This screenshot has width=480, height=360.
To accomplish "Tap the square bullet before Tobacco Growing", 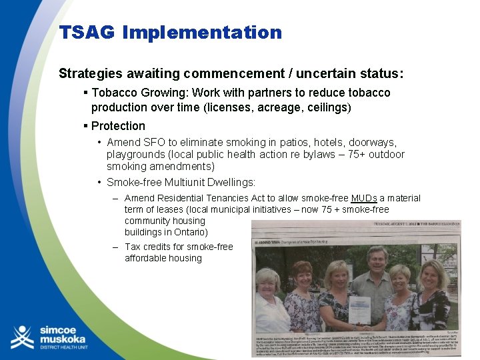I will tap(86, 93).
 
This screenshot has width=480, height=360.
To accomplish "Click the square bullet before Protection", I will tap(86, 126).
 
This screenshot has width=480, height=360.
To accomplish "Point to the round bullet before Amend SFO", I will tap(99, 143).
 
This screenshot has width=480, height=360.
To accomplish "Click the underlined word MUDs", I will tap(364, 198).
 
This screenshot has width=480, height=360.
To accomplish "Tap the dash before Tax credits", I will tap(117, 247).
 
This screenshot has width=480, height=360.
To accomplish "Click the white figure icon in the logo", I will tap(22, 337).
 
